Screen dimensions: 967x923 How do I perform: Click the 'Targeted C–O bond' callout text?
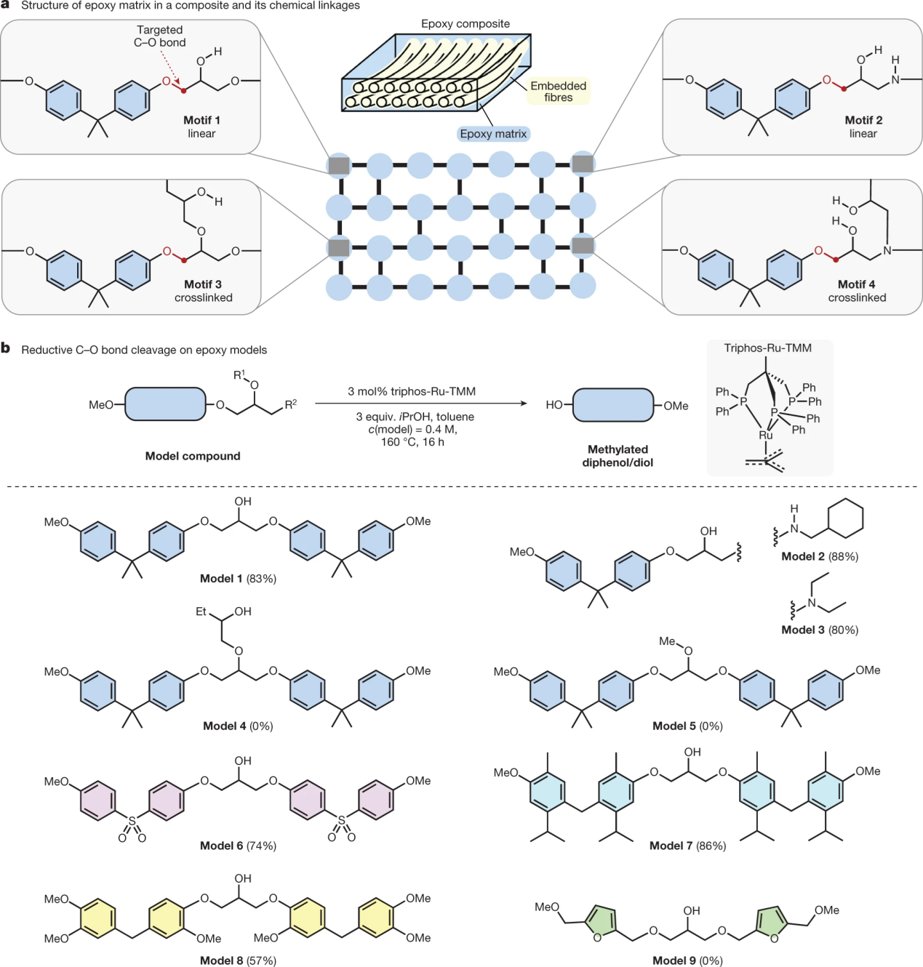[x=160, y=36]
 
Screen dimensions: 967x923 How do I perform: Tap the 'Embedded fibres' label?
[x=558, y=92]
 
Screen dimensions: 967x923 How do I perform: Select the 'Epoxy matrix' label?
[x=493, y=134]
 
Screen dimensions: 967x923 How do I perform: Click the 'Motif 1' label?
[x=201, y=121]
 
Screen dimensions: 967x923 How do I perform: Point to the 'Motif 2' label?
[x=863, y=121]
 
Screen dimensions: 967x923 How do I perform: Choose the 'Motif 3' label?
[x=203, y=284]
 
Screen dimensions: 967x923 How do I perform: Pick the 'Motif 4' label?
[x=857, y=284]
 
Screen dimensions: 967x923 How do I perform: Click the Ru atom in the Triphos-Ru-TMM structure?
[x=766, y=435]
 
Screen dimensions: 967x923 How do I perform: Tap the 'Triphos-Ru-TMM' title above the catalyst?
[x=767, y=348]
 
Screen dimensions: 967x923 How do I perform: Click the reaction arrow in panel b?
[x=422, y=404]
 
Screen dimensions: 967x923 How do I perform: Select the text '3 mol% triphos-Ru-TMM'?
[x=412, y=391]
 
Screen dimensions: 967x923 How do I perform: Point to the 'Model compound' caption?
[x=193, y=456]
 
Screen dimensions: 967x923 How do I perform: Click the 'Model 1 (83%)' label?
[x=238, y=579]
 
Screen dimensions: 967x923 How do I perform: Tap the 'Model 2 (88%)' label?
[x=820, y=556]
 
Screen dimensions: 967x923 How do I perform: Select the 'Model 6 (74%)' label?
[x=238, y=846]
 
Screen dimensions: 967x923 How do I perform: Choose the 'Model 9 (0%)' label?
[x=687, y=960]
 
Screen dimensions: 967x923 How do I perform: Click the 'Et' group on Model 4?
[x=201, y=611]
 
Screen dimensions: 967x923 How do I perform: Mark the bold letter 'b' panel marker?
[x=6, y=348]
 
